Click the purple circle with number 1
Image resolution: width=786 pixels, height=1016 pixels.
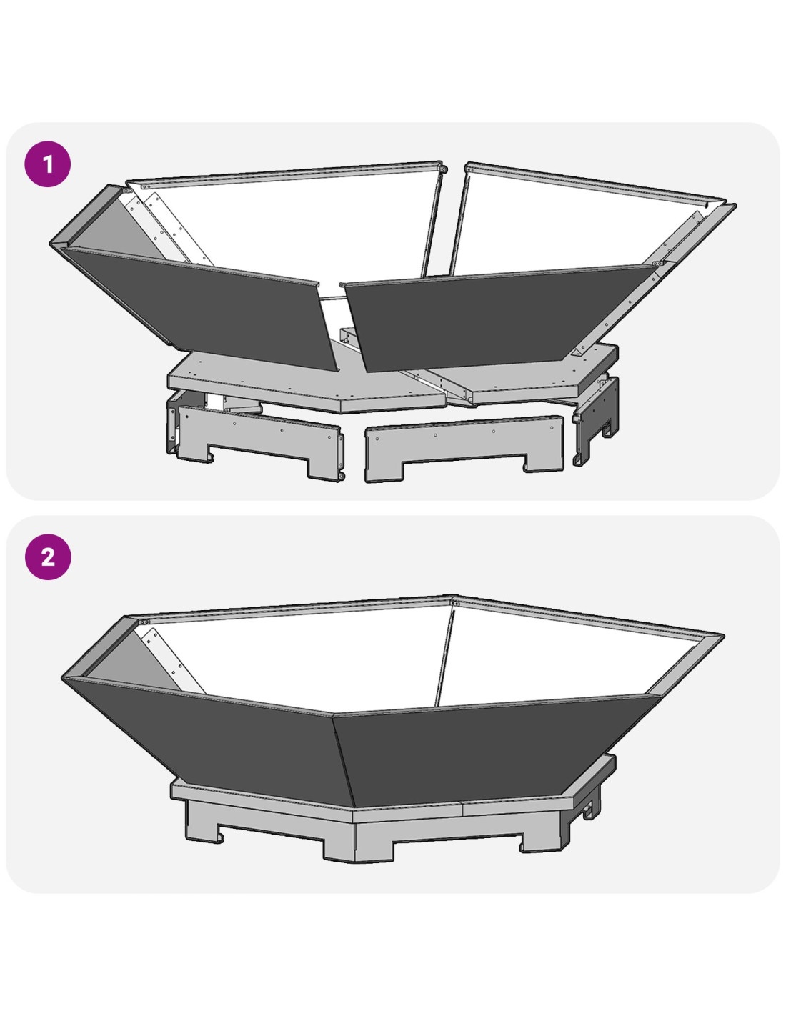pyautogui.click(x=48, y=164)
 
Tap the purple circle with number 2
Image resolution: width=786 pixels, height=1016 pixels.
pyautogui.click(x=48, y=557)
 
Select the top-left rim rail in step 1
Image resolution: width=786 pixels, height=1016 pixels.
pyautogui.click(x=285, y=174)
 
